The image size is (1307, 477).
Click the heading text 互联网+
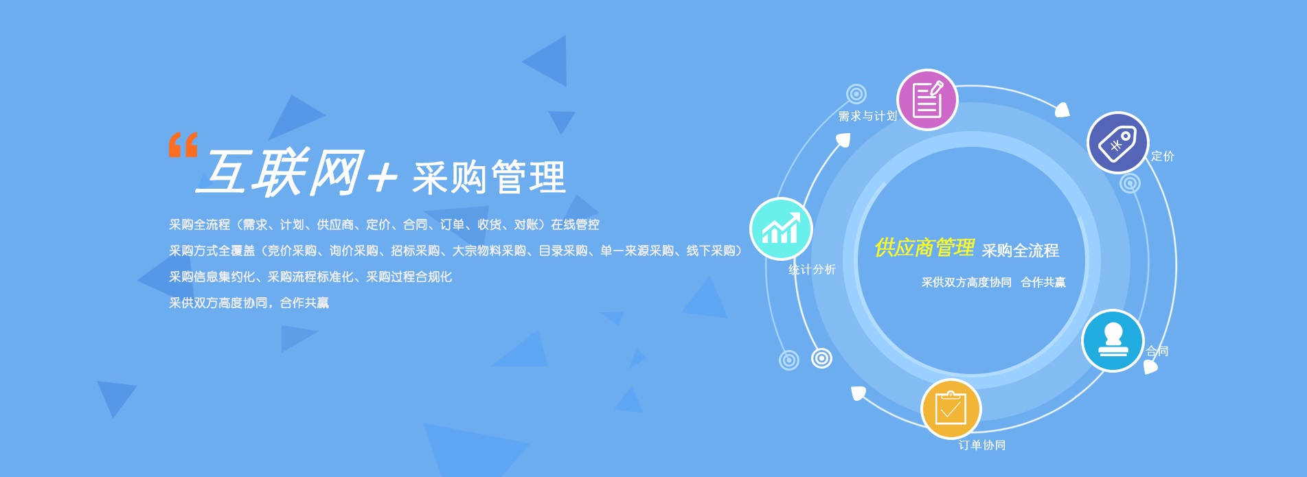[297, 173]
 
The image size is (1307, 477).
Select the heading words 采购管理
[488, 177]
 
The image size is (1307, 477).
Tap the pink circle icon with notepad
[927, 100]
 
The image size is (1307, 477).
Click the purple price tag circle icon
[1117, 143]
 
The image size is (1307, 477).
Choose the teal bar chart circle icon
[781, 229]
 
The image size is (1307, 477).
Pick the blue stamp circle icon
[1113, 341]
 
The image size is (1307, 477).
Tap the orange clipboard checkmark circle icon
[951, 410]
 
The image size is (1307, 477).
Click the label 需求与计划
[867, 116]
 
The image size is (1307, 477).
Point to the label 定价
[1163, 156]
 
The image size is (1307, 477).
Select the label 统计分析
[812, 270]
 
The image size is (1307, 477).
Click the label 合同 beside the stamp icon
[1157, 351]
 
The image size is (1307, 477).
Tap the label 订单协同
[982, 445]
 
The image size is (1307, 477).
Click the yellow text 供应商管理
[924, 248]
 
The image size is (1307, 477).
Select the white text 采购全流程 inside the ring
[1021, 251]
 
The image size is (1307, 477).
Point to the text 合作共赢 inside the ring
[1043, 282]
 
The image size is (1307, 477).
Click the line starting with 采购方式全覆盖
[456, 251]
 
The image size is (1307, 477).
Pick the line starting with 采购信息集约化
[310, 277]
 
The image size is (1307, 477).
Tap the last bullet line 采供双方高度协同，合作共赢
[249, 303]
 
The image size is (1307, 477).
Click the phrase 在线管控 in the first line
[575, 225]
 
